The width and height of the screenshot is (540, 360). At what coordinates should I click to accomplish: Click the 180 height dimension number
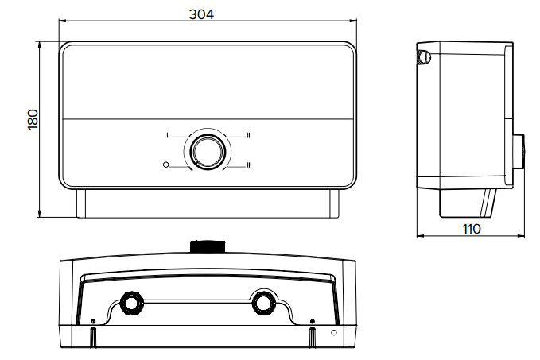33,120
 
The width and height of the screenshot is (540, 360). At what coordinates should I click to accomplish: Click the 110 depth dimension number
472,229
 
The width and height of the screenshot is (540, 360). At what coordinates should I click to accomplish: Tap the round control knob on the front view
206,150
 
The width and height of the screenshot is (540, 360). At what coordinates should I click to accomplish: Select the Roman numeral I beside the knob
168,136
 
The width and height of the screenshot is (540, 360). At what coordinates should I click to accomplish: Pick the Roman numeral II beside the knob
249,136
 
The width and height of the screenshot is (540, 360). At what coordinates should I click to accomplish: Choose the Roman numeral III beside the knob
249,165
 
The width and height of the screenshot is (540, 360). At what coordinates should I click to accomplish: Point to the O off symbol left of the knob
165,165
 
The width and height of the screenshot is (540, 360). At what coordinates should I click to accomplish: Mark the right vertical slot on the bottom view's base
312,335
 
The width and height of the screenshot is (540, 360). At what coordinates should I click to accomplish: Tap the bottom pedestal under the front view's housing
206,204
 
